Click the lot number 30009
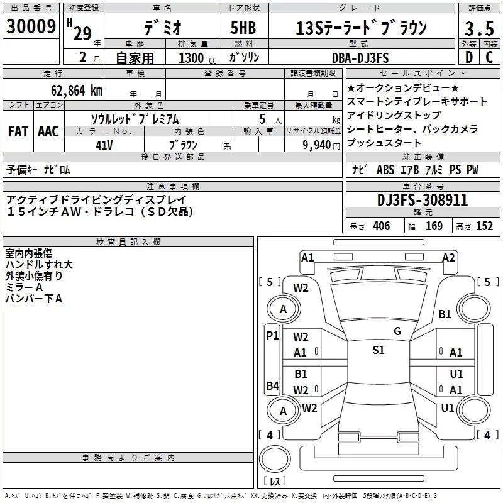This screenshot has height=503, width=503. point(31,26)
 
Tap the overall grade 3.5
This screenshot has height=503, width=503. point(479,28)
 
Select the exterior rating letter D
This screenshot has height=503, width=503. point(469,57)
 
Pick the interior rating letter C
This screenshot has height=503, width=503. point(489,57)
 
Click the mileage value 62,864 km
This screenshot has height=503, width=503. point(77,91)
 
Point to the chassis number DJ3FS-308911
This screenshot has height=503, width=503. point(423,200)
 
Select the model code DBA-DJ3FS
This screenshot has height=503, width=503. point(360,58)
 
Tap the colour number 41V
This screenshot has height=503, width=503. point(104,145)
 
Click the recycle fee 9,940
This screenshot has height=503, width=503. point(317,145)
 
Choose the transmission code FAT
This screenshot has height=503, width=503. point(18,131)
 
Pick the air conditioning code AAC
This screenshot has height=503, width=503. point(48,131)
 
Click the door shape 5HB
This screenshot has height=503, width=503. point(243,28)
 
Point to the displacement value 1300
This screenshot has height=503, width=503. point(191,58)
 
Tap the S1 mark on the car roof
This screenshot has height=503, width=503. point(379,350)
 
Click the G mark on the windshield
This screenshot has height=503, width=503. point(397,331)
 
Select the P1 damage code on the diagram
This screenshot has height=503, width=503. point(273,336)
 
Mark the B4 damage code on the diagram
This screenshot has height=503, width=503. point(273,385)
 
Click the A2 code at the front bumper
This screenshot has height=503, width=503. point(448,258)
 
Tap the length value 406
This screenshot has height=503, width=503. point(382,226)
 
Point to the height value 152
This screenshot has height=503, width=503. point(484,226)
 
